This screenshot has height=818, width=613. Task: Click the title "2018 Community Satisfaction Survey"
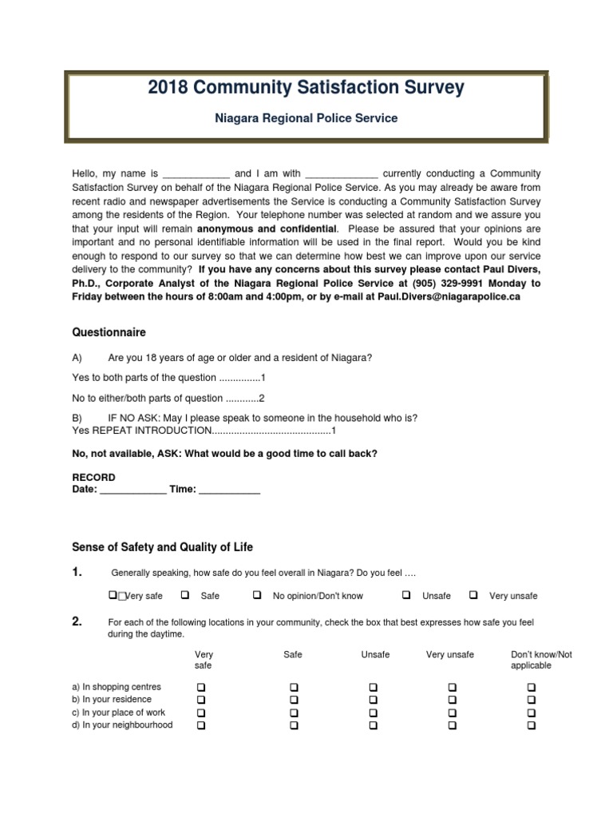[x=306, y=88]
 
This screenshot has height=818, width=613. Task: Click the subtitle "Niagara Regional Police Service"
[x=306, y=118]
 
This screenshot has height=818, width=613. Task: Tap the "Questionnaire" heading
[x=109, y=332]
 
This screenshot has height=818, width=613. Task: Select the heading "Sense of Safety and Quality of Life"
[x=162, y=546]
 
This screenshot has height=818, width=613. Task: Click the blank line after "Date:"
[x=133, y=490]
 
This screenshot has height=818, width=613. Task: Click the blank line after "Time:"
[x=229, y=490]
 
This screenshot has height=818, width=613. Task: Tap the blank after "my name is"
[x=196, y=173]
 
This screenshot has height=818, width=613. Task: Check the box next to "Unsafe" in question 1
[x=406, y=595]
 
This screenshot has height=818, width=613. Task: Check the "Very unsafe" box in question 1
[x=474, y=595]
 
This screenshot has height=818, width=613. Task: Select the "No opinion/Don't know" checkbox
[x=258, y=595]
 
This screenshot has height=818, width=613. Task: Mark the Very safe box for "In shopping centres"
[x=200, y=688]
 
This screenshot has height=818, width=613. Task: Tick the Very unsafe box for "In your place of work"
[x=452, y=713]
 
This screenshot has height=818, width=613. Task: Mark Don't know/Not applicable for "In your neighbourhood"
[x=532, y=726]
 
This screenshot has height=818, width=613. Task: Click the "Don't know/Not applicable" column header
[x=541, y=660]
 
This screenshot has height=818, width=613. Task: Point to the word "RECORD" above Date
[x=93, y=477]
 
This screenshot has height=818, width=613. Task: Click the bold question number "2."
[x=77, y=621]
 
